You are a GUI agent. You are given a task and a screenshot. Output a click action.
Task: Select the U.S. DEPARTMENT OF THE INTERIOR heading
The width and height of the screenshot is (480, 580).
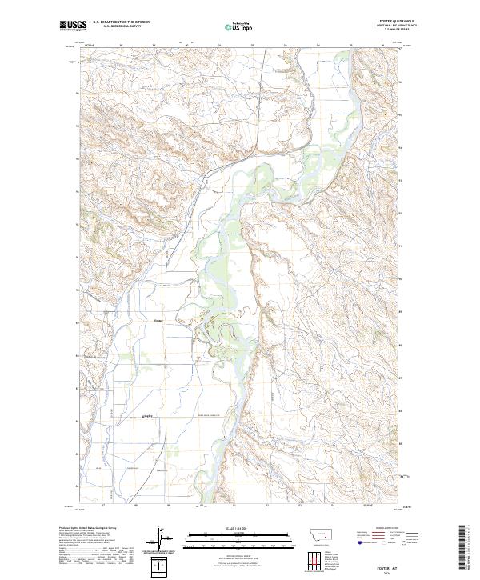tap(115, 22)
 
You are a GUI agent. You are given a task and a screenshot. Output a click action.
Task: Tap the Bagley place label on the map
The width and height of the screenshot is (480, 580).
tap(147, 416)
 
